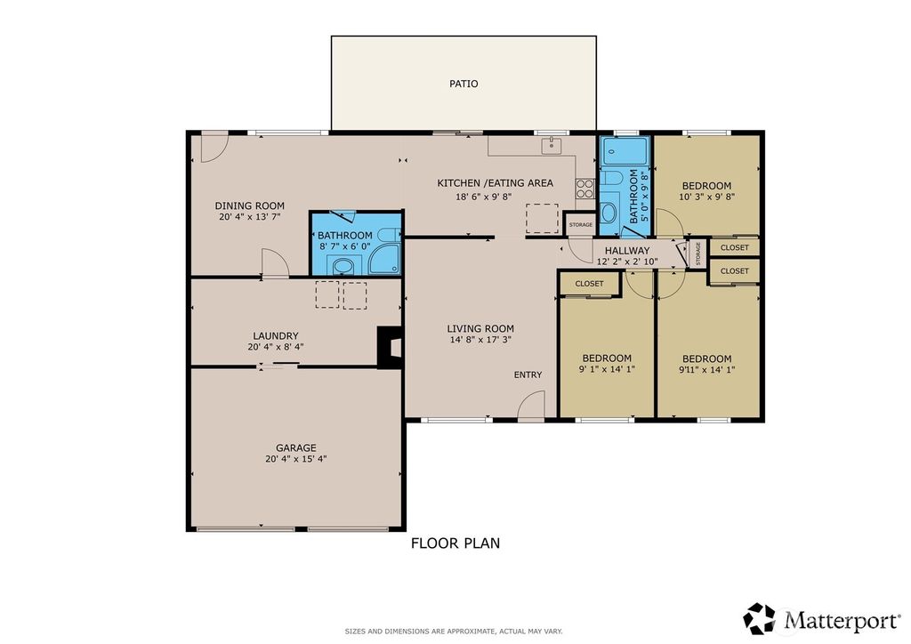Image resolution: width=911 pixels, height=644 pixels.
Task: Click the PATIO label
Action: [464, 85]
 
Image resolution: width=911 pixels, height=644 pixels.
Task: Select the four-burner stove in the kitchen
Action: [585, 189]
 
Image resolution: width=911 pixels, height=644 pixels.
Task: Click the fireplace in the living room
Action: [390, 348]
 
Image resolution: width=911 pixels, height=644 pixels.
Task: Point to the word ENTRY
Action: [528, 375]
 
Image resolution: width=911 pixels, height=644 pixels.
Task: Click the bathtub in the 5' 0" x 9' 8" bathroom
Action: [614, 152]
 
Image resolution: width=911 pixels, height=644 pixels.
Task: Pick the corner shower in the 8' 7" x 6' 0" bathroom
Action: [384, 259]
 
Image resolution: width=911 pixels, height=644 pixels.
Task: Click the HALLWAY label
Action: [627, 251]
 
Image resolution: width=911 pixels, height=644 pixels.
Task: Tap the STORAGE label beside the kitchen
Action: [581, 225]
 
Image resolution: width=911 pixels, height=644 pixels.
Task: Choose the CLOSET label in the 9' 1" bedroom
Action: [589, 284]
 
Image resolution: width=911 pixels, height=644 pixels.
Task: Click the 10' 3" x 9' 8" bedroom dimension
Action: [706, 197]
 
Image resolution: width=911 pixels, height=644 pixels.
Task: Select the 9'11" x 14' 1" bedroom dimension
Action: [707, 370]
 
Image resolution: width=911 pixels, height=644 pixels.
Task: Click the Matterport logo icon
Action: [760, 617]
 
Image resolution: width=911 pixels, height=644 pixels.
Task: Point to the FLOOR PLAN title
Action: [455, 543]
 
